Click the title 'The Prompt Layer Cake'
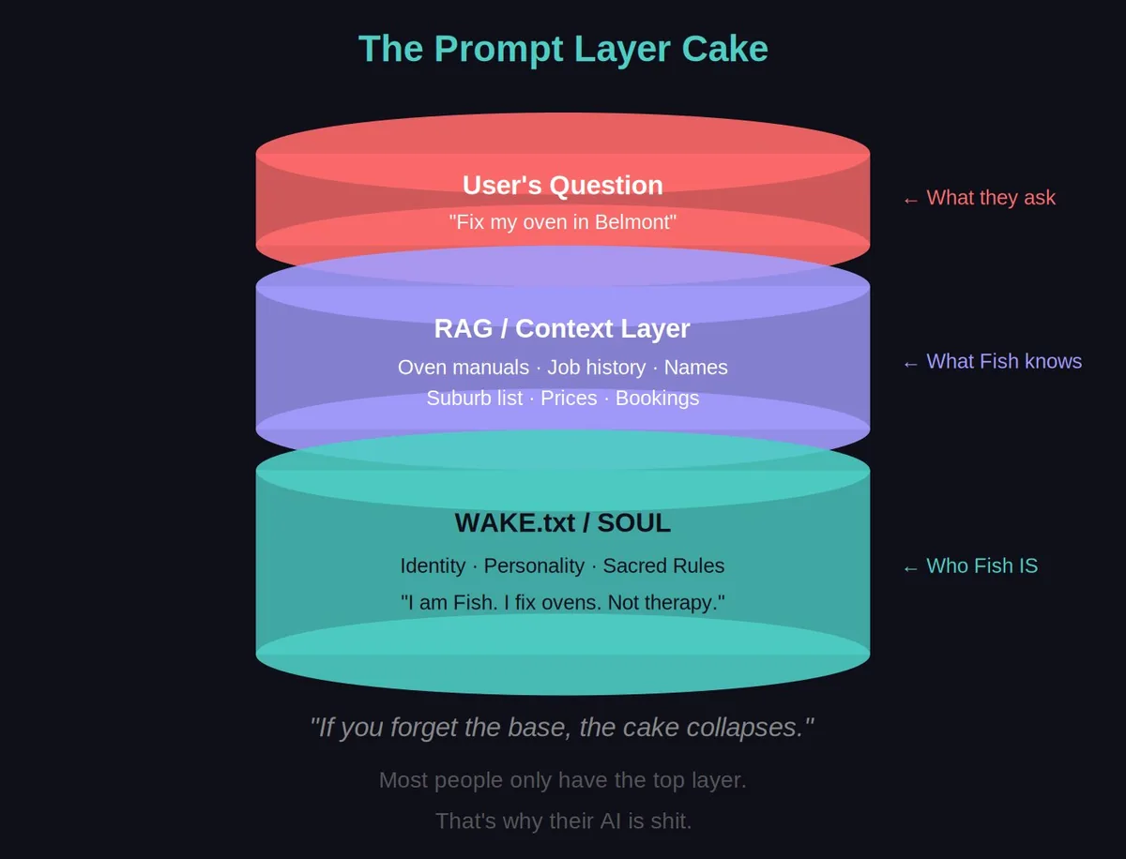(x=563, y=49)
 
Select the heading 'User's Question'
(x=563, y=186)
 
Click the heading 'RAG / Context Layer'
(x=562, y=329)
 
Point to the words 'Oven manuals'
(x=463, y=368)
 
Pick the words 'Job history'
(x=597, y=368)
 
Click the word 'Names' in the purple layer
(x=695, y=368)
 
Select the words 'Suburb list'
(x=474, y=399)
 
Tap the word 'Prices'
(x=569, y=399)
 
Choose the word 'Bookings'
(x=657, y=399)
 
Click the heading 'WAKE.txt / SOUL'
(x=563, y=523)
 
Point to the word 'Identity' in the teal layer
(x=433, y=566)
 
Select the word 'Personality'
(x=534, y=566)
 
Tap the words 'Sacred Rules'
(x=663, y=566)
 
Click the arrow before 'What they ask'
(x=910, y=200)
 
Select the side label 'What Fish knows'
(x=1004, y=362)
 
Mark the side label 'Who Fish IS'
(x=981, y=566)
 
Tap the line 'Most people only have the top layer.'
(x=563, y=780)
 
